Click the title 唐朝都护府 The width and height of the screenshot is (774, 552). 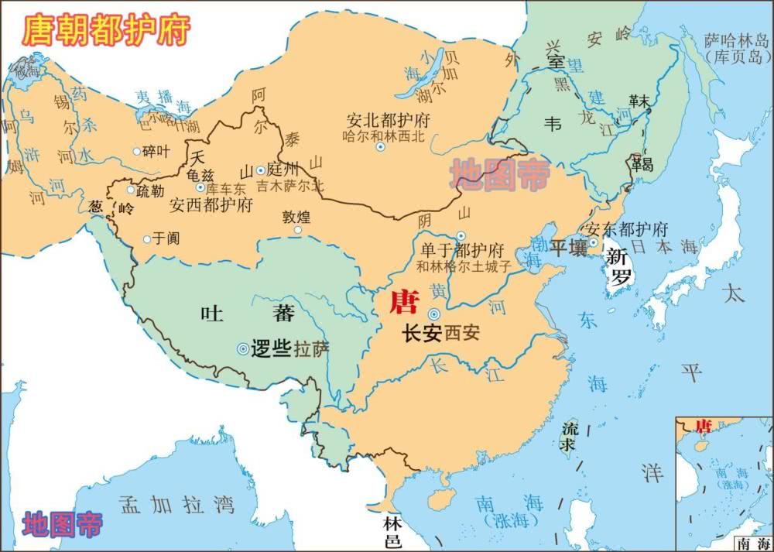pyautogui.click(x=106, y=30)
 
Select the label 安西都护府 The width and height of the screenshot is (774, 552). pyautogui.click(x=211, y=206)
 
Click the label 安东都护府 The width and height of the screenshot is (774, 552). pyautogui.click(x=627, y=230)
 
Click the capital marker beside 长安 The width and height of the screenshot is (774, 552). pyautogui.click(x=434, y=314)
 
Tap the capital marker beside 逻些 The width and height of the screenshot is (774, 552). pyautogui.click(x=243, y=349)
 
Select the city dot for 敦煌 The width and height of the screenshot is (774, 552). pyautogui.click(x=297, y=230)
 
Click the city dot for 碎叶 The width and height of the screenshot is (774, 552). pyautogui.click(x=137, y=152)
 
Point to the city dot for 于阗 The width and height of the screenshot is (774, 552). pyautogui.click(x=146, y=239)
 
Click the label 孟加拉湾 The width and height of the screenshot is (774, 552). pyautogui.click(x=176, y=506)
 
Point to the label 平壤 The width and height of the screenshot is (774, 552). pyautogui.click(x=568, y=248)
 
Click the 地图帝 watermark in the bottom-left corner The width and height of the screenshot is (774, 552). pyautogui.click(x=62, y=525)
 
